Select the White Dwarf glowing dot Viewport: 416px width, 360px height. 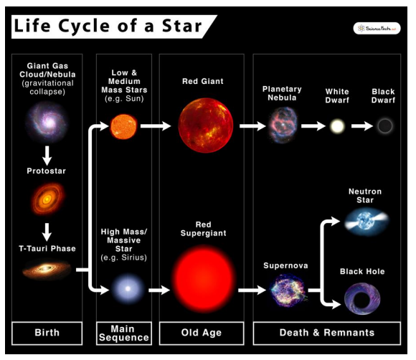point(337,127)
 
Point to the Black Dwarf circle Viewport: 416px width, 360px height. point(385,127)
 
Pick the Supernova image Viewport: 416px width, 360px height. point(288,290)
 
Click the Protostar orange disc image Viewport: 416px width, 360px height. point(47,199)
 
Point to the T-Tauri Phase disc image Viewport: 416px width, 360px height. point(47,270)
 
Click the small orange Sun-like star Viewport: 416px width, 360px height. point(123,127)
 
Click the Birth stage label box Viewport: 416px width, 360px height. point(47,333)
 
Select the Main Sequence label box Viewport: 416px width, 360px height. point(123,333)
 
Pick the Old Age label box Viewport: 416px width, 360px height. point(202,333)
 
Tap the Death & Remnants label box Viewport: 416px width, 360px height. point(327,333)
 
